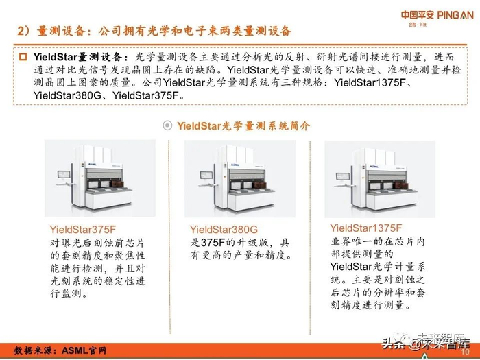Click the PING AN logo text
(455, 15)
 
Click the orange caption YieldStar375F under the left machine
(83, 230)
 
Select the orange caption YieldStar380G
(224, 230)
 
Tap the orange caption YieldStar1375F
(365, 228)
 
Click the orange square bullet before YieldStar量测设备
(23, 57)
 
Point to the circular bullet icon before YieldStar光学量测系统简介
(167, 125)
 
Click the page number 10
(465, 352)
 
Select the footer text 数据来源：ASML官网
(60, 350)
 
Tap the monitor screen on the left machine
(64, 174)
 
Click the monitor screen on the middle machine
(206, 175)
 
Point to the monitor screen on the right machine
(343, 176)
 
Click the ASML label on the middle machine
(235, 165)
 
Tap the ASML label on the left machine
(93, 165)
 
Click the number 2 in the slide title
(21, 32)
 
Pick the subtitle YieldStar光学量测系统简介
(243, 125)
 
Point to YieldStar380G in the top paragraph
(67, 95)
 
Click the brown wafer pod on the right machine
(400, 185)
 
